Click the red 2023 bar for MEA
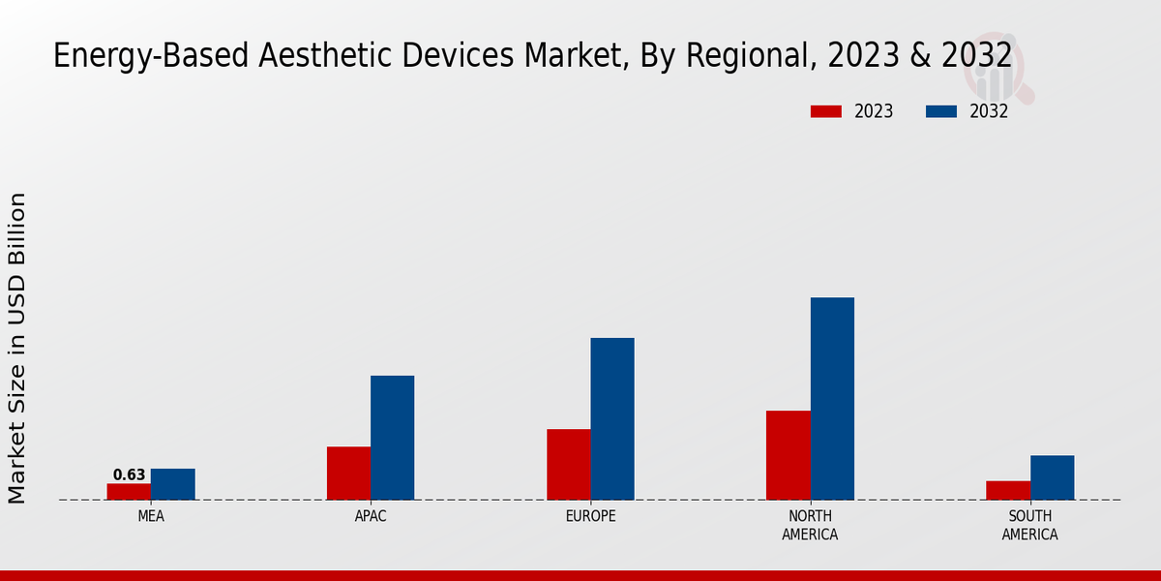[129, 492]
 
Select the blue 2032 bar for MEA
[172, 484]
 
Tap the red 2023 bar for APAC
[348, 474]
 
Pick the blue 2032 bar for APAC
[392, 438]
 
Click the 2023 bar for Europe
[568, 465]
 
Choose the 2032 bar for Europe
[612, 419]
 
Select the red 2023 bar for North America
[788, 455]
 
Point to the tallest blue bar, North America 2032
[832, 399]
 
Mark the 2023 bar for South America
[1007, 490]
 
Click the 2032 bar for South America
[1052, 477]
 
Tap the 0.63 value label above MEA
[129, 474]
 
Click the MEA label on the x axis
[151, 516]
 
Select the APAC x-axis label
[371, 516]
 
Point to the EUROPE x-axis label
[590, 516]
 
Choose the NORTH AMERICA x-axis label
[810, 525]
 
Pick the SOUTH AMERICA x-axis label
[1029, 525]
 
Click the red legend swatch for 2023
[826, 111]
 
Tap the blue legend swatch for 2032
[941, 111]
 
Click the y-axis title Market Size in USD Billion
[17, 348]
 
